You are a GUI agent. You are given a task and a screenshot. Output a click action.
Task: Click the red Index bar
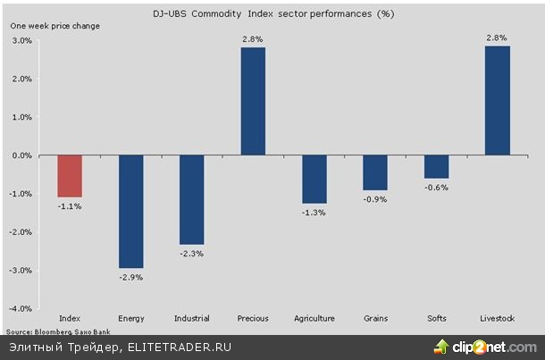tap(70, 176)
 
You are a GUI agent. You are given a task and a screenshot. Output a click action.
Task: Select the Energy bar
tap(130, 212)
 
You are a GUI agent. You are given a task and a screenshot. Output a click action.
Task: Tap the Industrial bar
tap(191, 200)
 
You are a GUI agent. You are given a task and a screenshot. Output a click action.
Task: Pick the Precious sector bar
tap(253, 101)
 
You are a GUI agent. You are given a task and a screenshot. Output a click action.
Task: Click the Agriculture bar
tap(314, 180)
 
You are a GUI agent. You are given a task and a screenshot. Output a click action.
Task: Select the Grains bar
tap(375, 172)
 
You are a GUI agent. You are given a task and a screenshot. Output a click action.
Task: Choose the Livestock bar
tap(497, 101)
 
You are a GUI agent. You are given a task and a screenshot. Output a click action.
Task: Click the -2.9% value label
tap(131, 277)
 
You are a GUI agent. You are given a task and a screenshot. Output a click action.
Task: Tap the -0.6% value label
tap(437, 188)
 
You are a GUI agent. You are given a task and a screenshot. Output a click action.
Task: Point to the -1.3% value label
tap(314, 213)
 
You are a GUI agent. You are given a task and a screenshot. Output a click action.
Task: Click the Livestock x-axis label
tap(498, 319)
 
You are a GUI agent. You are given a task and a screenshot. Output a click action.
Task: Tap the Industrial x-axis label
tap(192, 319)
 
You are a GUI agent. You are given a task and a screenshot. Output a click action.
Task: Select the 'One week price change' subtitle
tap(55, 26)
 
